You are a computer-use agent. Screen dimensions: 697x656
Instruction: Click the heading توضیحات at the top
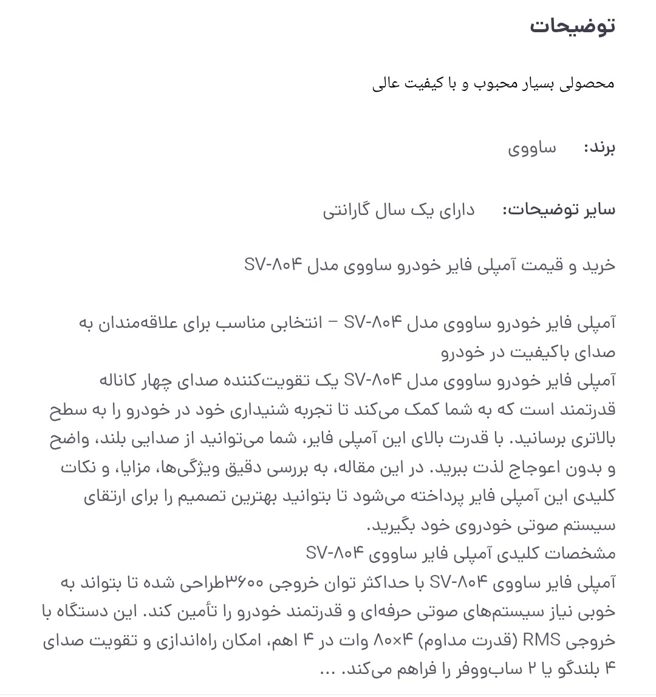tap(572, 26)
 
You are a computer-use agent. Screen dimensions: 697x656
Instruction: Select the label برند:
tap(599, 148)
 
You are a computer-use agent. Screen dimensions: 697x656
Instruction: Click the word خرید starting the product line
tap(599, 265)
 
